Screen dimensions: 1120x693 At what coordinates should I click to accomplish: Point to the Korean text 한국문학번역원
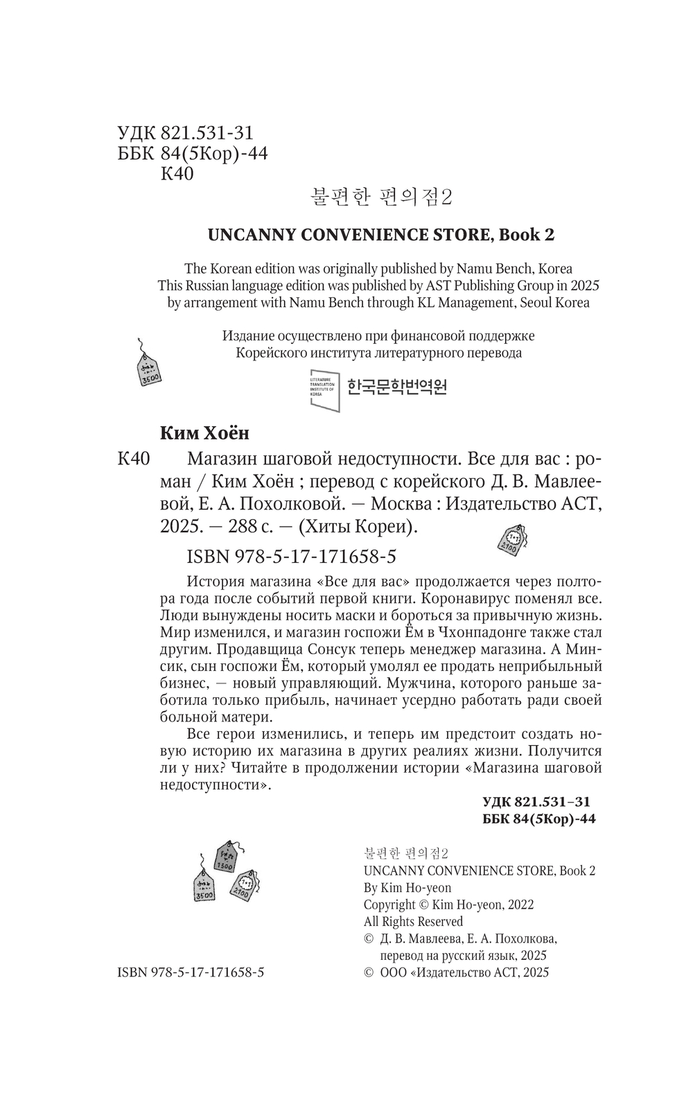396,387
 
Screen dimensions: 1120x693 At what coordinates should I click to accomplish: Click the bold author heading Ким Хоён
204,433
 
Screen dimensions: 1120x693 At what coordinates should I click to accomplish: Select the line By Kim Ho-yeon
407,888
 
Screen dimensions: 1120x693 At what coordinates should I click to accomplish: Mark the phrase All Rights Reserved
413,922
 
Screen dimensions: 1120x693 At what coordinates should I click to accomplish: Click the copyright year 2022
520,904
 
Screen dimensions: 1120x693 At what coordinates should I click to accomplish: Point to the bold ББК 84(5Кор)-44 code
538,819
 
